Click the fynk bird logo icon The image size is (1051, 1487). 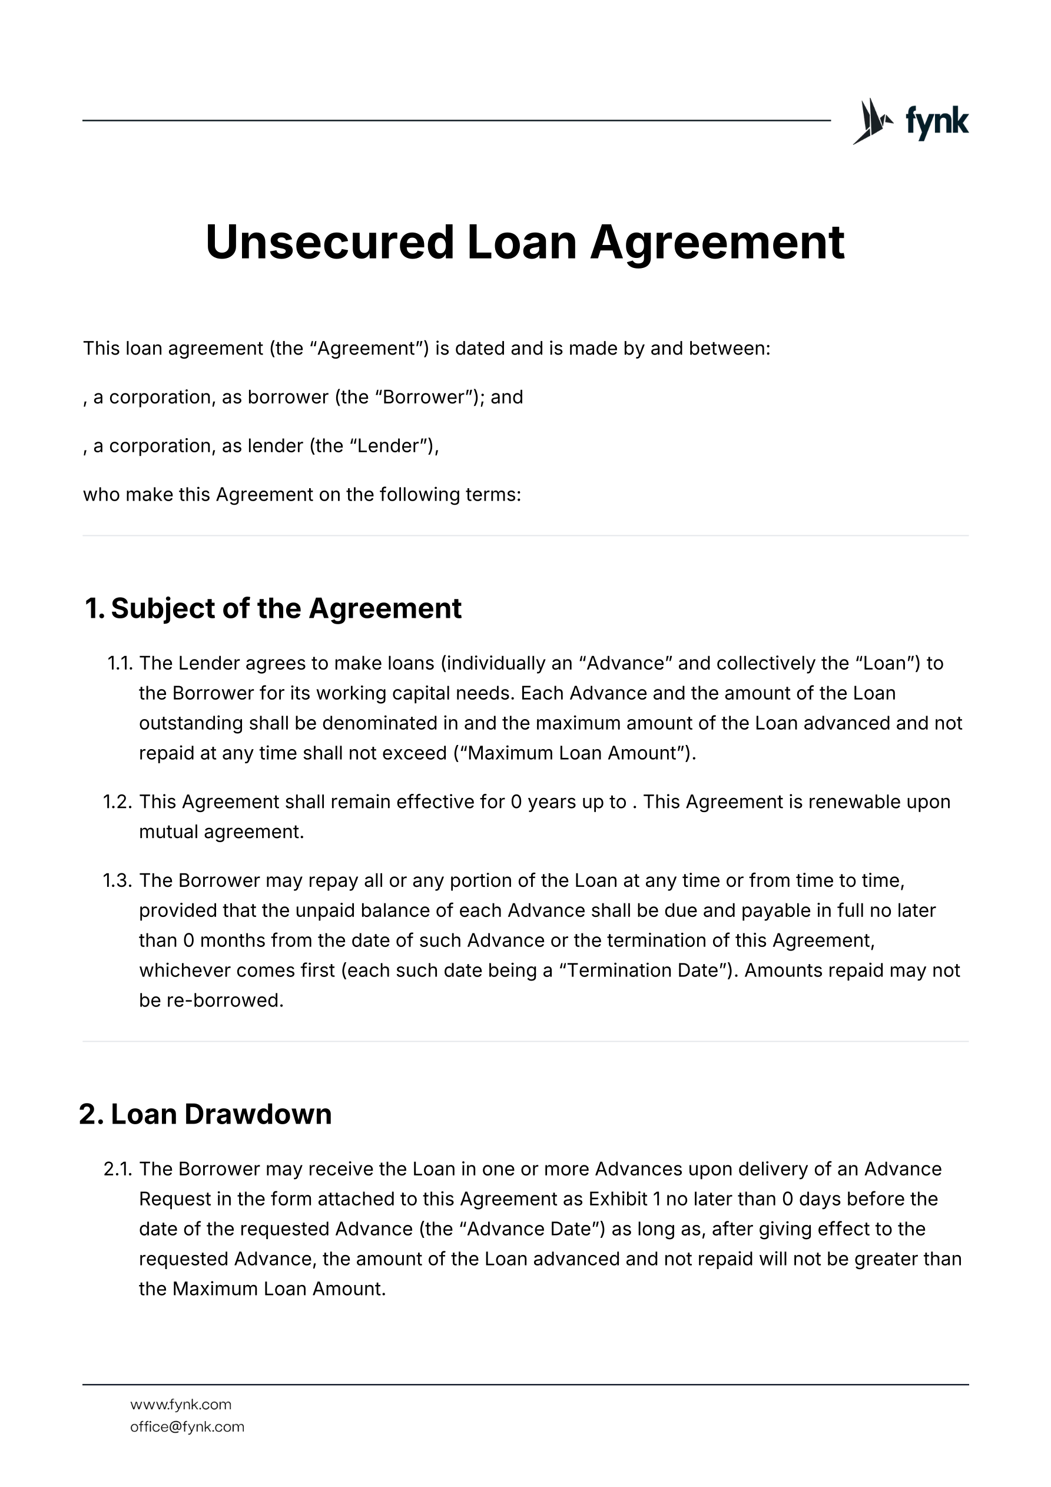coord(871,121)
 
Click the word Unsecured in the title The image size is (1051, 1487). coord(330,242)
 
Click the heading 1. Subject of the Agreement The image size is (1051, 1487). coord(273,608)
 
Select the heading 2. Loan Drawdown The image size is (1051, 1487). coord(205,1114)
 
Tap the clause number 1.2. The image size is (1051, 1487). coord(118,802)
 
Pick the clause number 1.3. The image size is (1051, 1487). coord(118,880)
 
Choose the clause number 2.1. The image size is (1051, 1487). coord(118,1169)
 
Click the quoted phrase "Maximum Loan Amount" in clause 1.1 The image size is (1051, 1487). coord(573,753)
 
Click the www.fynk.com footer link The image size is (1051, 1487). coord(181,1404)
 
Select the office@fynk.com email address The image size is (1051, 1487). coord(187,1427)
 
